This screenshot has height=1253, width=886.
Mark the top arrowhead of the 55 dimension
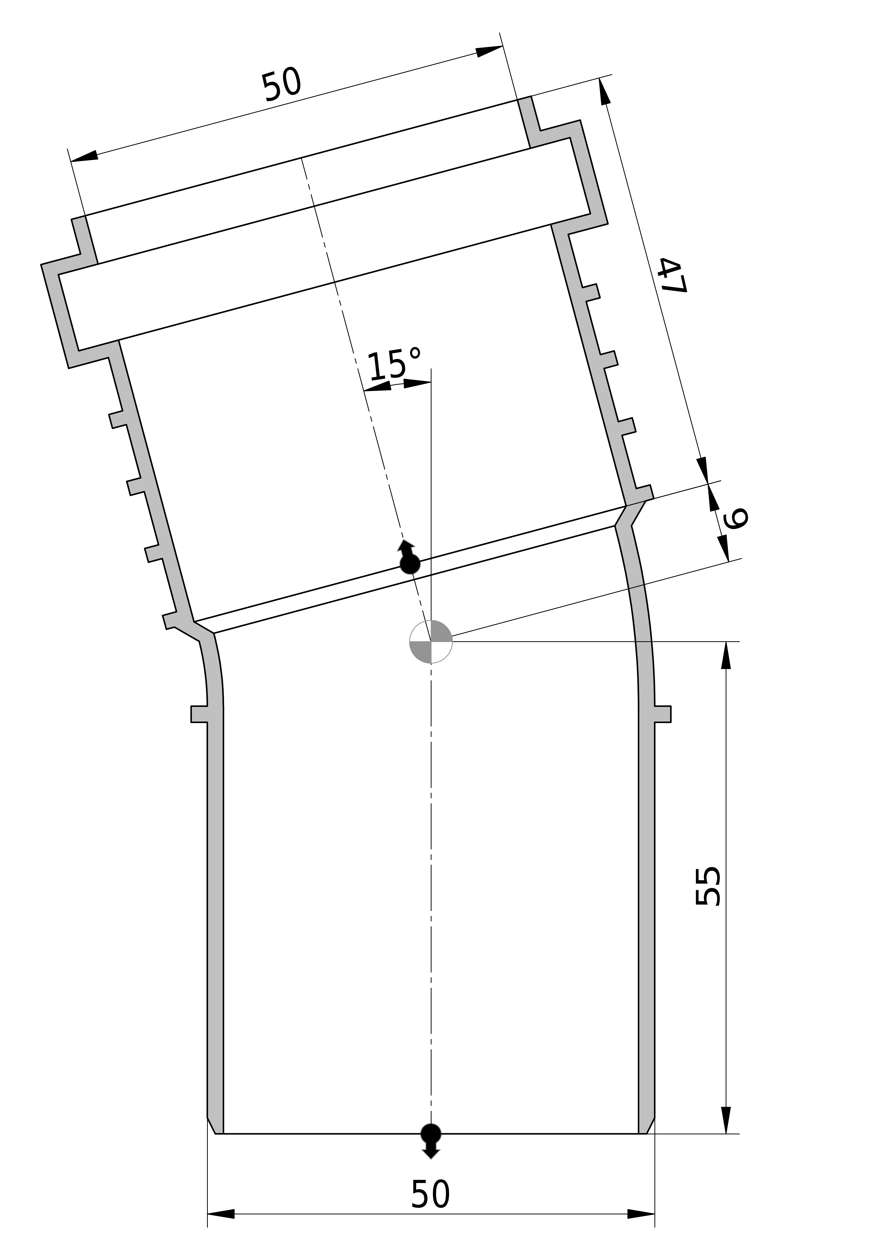coord(725,655)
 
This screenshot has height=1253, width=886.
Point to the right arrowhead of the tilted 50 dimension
coord(489,51)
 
